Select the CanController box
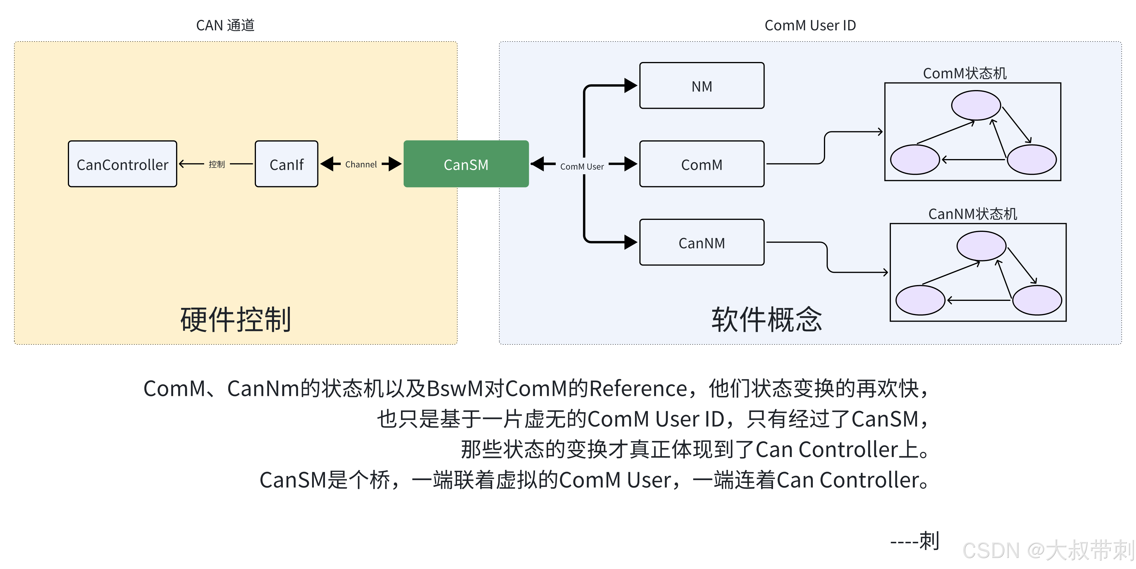122,164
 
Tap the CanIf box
286,164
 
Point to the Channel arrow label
361,164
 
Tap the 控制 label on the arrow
216,164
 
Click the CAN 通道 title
225,25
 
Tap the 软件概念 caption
766,319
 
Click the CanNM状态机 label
973,214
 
